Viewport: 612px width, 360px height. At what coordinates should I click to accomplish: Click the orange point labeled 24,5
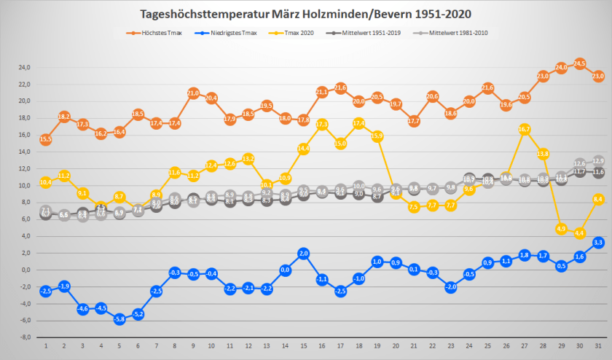pyautogui.click(x=580, y=63)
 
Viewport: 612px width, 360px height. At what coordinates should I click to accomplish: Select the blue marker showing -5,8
pyautogui.click(x=119, y=319)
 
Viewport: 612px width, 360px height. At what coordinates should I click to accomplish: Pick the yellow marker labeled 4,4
pyautogui.click(x=580, y=233)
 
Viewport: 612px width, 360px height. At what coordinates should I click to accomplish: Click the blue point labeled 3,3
pyautogui.click(x=598, y=242)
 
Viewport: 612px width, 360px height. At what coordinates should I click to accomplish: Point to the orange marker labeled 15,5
pyautogui.click(x=45, y=139)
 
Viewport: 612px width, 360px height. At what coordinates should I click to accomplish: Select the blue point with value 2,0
pyautogui.click(x=304, y=253)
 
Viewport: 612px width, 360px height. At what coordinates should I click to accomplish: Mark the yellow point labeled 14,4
pyautogui.click(x=304, y=149)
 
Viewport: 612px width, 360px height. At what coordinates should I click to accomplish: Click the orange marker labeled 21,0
pyautogui.click(x=193, y=93)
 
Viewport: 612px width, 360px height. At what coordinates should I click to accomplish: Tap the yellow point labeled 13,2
pyautogui.click(x=248, y=159)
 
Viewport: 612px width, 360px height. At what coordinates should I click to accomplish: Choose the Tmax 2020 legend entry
pyautogui.click(x=302, y=34)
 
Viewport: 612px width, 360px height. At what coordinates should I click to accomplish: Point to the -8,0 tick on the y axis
pyautogui.click(x=23, y=337)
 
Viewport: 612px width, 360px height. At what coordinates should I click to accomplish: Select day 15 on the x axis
pyautogui.click(x=304, y=345)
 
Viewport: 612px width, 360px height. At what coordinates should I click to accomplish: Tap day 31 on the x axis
pyautogui.click(x=598, y=345)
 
